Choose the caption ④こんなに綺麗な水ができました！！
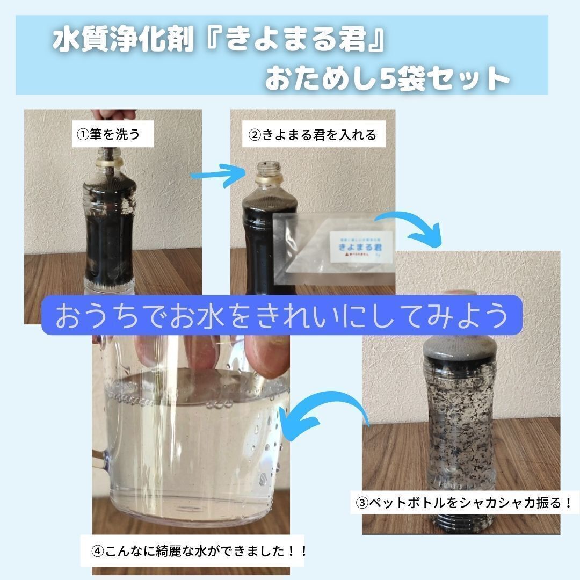point(200,551)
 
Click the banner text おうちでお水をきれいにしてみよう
point(282,316)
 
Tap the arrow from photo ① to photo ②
point(215,175)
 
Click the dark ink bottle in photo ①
point(110,226)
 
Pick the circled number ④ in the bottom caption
point(97,551)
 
